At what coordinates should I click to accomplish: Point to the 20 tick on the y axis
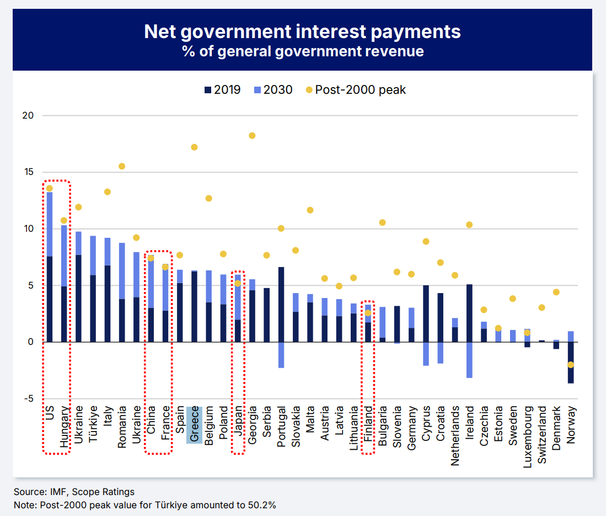point(28,116)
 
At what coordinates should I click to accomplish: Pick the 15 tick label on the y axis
point(28,172)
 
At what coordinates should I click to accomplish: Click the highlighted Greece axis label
point(194,425)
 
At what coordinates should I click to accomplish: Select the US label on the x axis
point(50,413)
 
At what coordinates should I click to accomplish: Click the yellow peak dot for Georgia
point(252,136)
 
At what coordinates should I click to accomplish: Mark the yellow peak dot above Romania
point(122,166)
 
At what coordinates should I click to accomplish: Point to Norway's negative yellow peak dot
point(571,365)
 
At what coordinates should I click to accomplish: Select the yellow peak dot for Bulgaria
point(382,222)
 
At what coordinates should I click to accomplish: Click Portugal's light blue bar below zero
point(281,355)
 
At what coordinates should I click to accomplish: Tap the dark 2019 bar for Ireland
point(469,313)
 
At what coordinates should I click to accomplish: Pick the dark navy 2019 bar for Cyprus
point(426,313)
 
